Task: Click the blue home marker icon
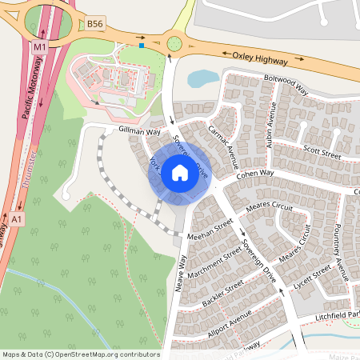180,172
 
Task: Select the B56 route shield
95,25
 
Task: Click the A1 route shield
18,217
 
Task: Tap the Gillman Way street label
139,131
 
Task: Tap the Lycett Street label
312,278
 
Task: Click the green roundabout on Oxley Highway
174,42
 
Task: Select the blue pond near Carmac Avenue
203,78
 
